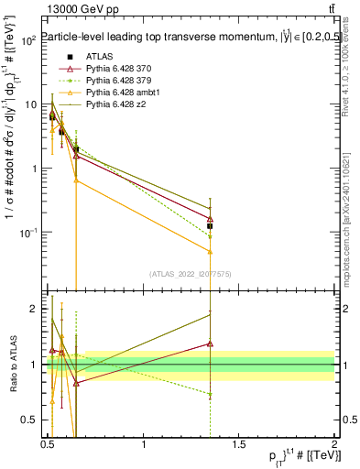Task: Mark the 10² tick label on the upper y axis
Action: click(29, 41)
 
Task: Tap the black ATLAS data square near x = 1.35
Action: click(211, 225)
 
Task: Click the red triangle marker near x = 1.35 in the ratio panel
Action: click(211, 344)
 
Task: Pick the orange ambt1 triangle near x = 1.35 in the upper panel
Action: click(211, 251)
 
